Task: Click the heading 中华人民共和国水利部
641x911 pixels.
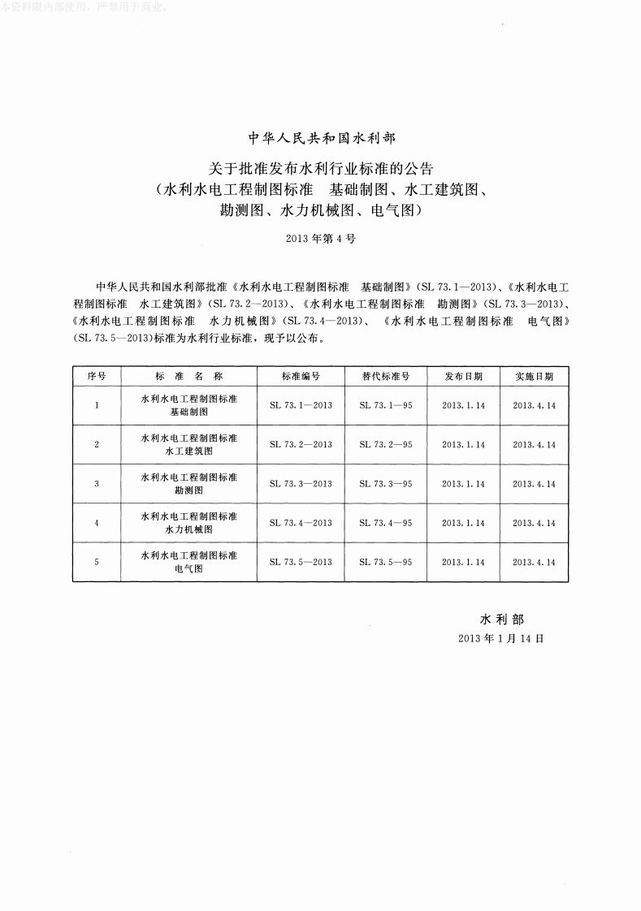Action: [320, 138]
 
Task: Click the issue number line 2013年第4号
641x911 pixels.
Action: [321, 240]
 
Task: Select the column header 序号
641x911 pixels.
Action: [97, 377]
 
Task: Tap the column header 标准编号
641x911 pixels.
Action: [301, 377]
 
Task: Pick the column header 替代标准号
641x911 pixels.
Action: [386, 377]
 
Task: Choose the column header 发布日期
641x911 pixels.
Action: [463, 377]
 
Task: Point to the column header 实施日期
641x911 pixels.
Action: [534, 377]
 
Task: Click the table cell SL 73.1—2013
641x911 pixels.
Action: [301, 405]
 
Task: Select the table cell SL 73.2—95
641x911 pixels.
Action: [386, 445]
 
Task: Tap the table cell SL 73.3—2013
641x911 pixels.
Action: [301, 484]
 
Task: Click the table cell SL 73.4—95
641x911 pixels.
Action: [386, 523]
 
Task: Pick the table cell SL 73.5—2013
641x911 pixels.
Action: [301, 562]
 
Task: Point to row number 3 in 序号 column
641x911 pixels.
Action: [97, 484]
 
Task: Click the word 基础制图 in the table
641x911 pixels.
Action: [188, 412]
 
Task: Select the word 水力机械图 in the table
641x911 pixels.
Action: [188, 529]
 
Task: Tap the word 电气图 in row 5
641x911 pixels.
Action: [188, 569]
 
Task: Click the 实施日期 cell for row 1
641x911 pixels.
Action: [534, 405]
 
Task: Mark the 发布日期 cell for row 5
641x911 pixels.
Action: [463, 562]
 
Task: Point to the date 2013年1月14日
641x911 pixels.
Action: [501, 638]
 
